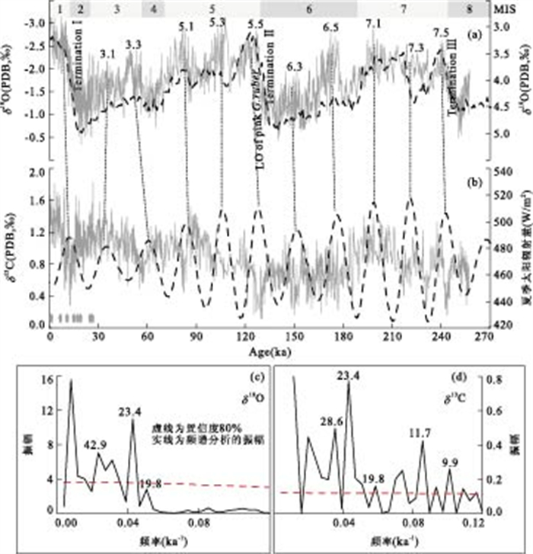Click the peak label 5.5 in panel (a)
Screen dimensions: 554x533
pos(256,24)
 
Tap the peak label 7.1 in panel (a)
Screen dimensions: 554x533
pos(373,24)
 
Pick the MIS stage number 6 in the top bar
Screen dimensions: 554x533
pos(308,9)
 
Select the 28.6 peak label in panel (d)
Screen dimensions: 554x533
pos(328,420)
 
